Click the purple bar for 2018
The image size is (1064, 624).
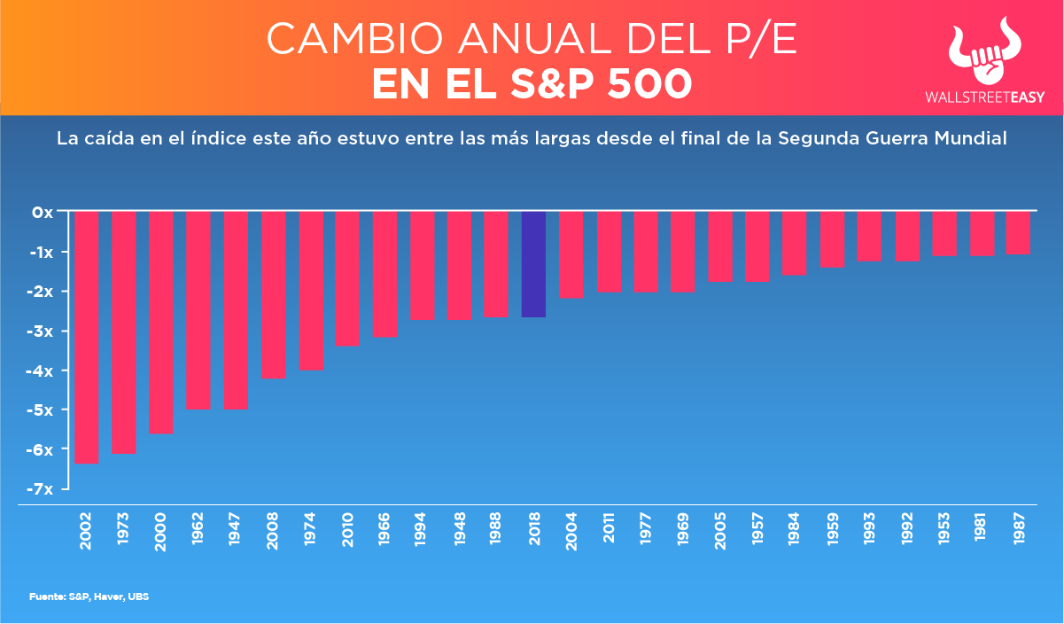tap(533, 264)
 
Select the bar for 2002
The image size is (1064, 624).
tap(86, 337)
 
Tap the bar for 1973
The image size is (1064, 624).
tap(123, 331)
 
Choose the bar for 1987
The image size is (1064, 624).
tap(1018, 233)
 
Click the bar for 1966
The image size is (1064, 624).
tap(384, 274)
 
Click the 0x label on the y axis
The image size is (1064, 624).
tap(44, 213)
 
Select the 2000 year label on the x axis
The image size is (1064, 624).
tap(161, 532)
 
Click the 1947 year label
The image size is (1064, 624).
tap(236, 532)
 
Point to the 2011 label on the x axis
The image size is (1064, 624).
tap(609, 532)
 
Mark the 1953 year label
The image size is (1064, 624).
tap(944, 532)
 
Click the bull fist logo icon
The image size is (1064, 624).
tap(983, 55)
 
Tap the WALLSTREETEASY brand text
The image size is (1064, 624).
tap(983, 98)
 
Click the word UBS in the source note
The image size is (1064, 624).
tap(138, 597)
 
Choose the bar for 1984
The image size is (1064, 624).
tap(795, 244)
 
